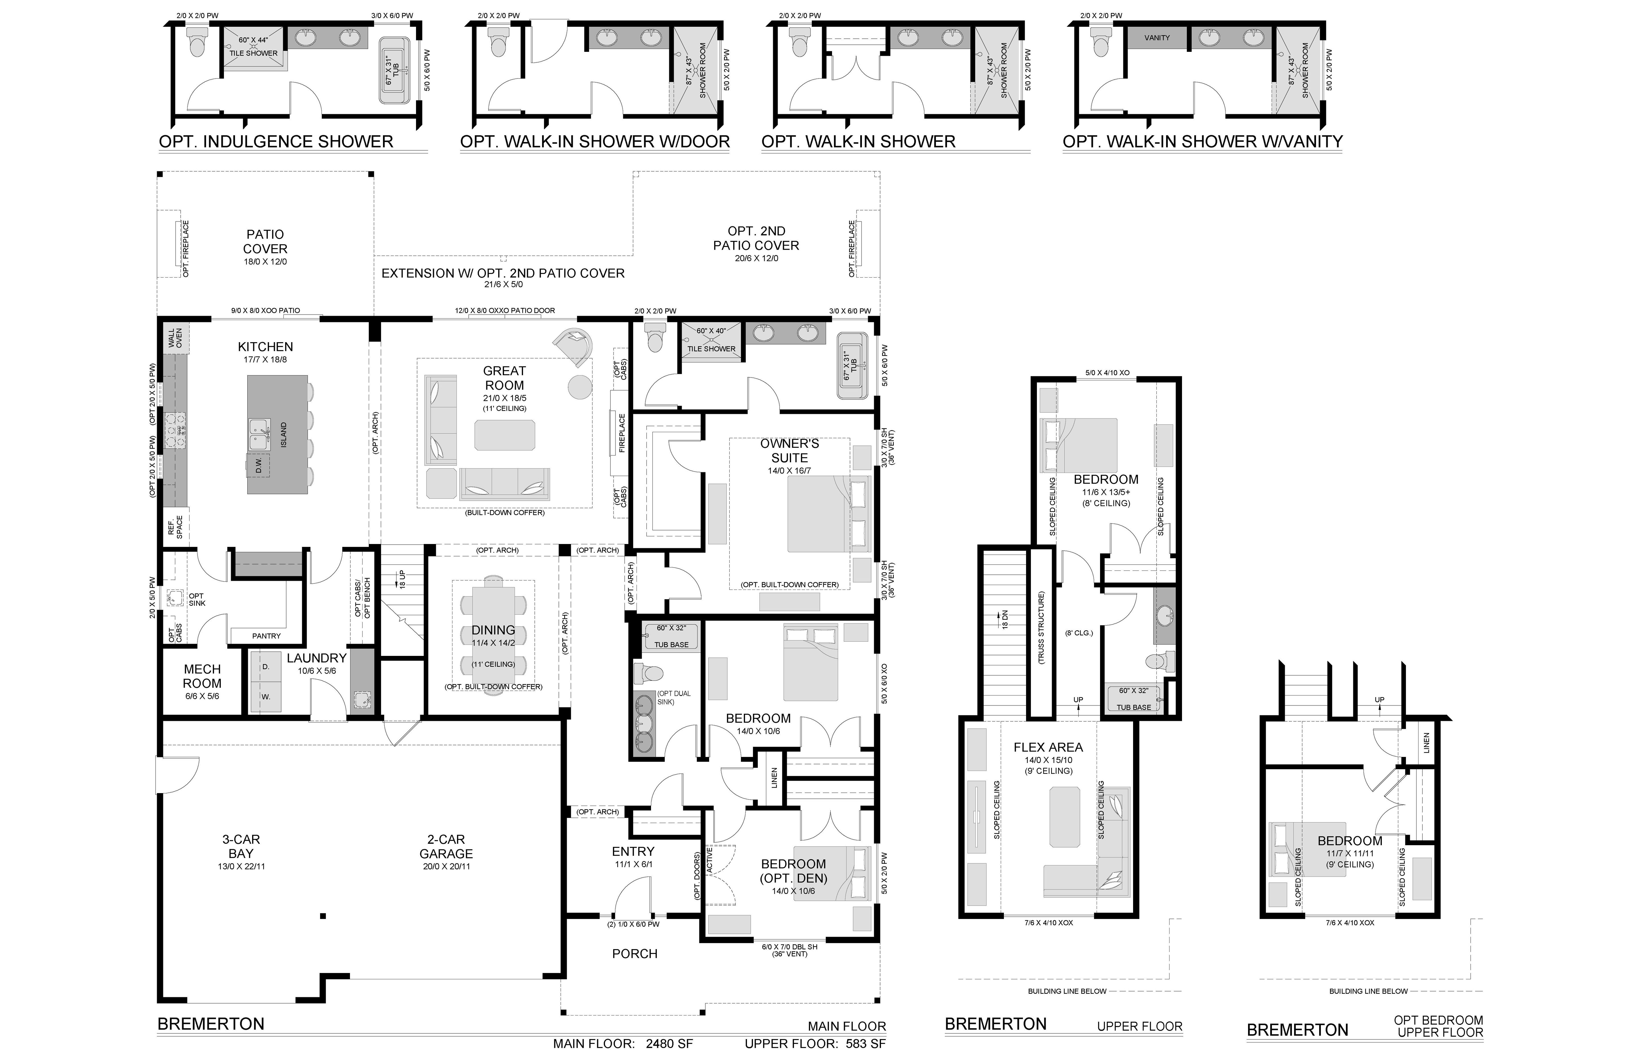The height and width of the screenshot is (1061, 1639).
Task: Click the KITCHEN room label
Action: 265,346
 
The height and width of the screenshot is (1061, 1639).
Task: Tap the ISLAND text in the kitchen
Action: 284,435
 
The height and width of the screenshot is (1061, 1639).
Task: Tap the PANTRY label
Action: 267,636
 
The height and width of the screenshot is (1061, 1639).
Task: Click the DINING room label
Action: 493,630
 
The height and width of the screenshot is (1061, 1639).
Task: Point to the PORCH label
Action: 635,953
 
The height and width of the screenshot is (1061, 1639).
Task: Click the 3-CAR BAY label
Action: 241,846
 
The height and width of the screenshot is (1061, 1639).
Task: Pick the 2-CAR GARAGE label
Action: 446,846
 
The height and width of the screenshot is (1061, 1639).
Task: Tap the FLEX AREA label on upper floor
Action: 1048,747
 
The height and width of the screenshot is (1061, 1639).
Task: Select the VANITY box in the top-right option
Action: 1157,38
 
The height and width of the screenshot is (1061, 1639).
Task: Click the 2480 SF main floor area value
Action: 669,1043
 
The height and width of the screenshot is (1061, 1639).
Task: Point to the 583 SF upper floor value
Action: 866,1043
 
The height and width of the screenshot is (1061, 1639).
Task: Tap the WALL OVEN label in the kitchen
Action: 175,338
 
